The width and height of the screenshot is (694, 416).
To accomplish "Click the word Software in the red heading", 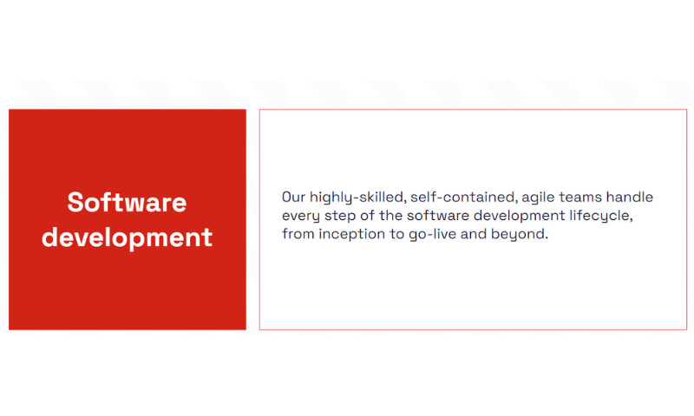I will (127, 203).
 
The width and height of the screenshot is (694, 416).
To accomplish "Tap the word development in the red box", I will (127, 237).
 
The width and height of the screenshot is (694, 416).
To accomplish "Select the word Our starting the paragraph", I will (294, 198).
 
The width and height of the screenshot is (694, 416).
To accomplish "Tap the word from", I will (298, 235).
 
